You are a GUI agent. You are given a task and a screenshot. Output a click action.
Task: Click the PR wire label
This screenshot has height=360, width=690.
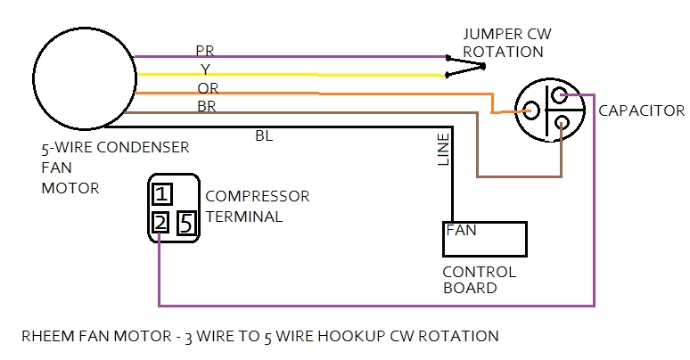pos(205,50)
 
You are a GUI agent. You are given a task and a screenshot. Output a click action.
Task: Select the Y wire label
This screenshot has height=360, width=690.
pos(205,69)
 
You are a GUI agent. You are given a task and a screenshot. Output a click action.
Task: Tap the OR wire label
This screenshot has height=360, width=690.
pos(207,87)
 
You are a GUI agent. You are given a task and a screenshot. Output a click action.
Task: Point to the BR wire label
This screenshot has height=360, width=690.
pos(207,106)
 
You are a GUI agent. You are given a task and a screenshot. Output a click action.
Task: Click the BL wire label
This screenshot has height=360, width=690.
pos(265,135)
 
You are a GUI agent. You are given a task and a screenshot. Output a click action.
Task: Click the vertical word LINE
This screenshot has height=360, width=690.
pos(444,149)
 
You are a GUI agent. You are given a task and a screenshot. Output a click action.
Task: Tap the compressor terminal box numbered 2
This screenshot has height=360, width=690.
pos(160,223)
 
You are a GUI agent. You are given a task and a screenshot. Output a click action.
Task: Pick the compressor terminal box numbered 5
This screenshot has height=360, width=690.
pos(186,223)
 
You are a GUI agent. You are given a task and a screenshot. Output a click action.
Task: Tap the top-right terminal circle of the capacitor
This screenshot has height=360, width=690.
pos(559,95)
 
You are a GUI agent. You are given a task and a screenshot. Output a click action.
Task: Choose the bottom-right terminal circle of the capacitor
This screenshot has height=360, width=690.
pos(561,123)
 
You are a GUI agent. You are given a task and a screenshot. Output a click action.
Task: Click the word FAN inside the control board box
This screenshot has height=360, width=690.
pos(461,230)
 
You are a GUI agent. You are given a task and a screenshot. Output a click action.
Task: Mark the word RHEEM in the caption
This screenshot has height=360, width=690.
pos(44,337)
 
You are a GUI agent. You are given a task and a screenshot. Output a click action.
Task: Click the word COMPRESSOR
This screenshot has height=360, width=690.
pos(258,196)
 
